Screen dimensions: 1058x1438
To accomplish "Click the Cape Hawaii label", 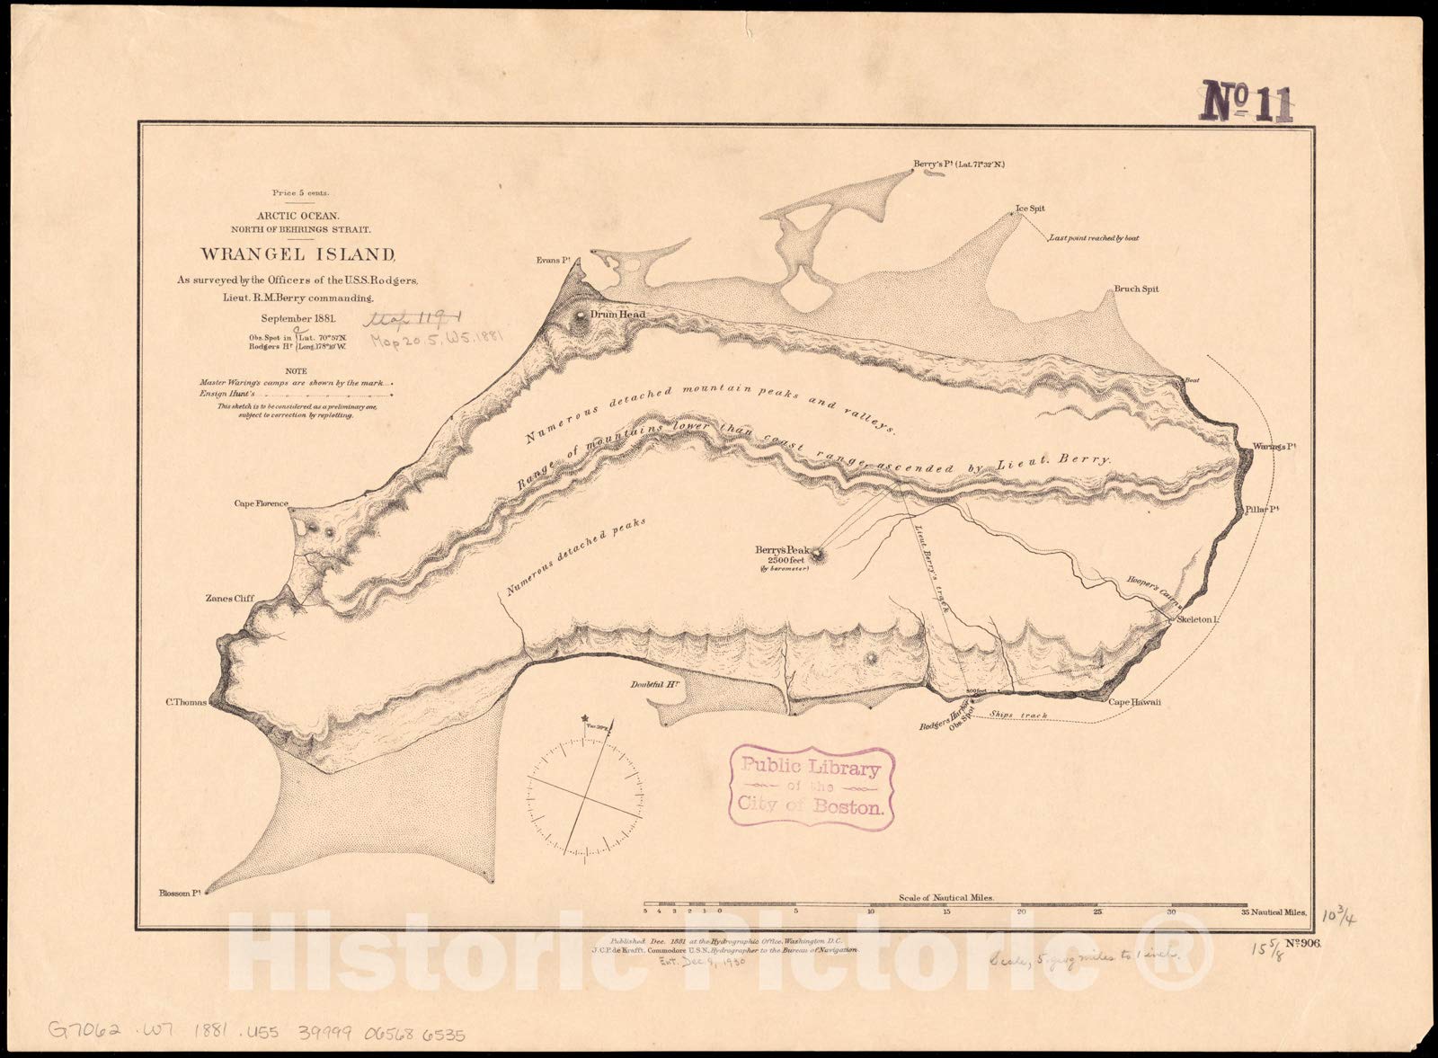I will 1134,702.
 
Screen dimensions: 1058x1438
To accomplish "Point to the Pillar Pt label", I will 1262,510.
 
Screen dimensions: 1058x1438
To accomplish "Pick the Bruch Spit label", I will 1136,289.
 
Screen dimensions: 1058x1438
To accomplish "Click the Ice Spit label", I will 1030,209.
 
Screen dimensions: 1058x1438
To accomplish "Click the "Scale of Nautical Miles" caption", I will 945,897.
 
